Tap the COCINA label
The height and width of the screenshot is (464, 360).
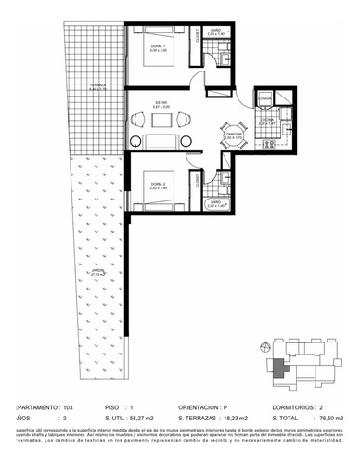[265, 120]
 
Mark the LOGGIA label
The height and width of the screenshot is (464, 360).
[264, 97]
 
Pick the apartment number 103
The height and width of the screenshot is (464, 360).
[68, 406]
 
